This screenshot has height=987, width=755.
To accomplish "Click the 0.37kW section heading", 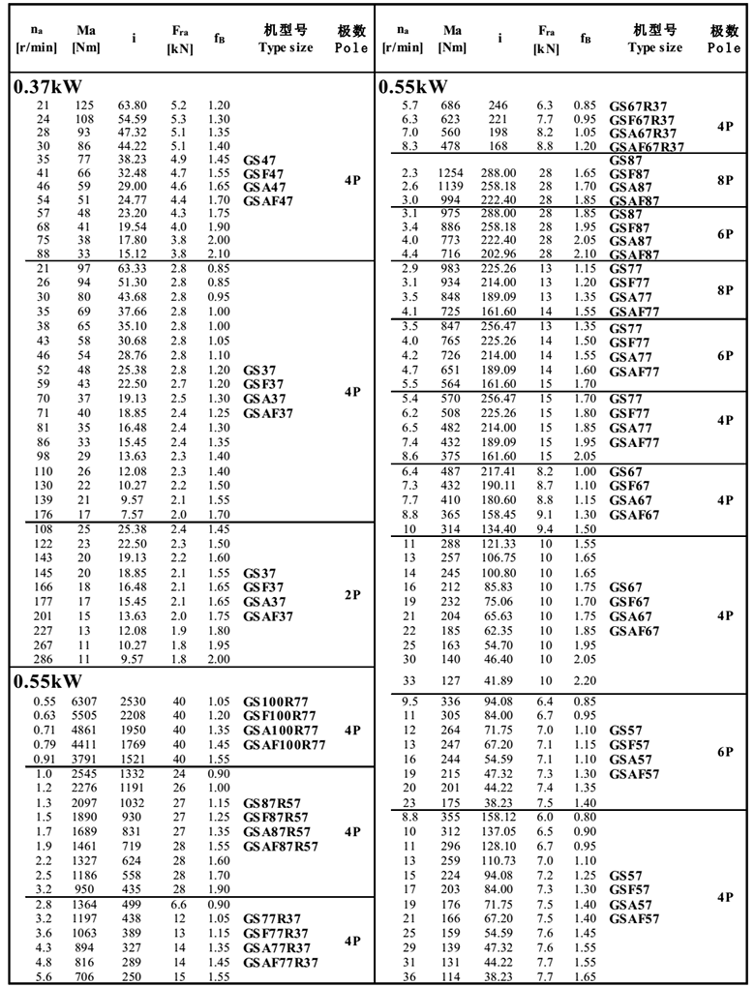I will point(45,87).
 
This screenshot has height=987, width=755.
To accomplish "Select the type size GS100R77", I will point(280,702).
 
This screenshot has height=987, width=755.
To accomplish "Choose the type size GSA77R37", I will point(280,948).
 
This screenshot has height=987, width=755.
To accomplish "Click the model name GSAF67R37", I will point(647,146).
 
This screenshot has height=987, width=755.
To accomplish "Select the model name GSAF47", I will point(268,200).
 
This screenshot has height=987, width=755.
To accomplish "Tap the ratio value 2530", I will point(133,702).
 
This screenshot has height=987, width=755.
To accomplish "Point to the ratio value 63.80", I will point(132,105).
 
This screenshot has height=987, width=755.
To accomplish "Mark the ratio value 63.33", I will point(132,268).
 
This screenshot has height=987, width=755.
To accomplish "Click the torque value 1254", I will point(451,171).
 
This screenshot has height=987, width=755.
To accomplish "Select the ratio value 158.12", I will point(499,816).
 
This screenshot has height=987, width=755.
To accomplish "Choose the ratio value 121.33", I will point(499,546).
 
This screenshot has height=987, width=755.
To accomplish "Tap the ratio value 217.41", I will point(499,471).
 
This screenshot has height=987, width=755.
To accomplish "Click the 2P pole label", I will point(352,595).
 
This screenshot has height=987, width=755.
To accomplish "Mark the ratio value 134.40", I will point(499,528).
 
